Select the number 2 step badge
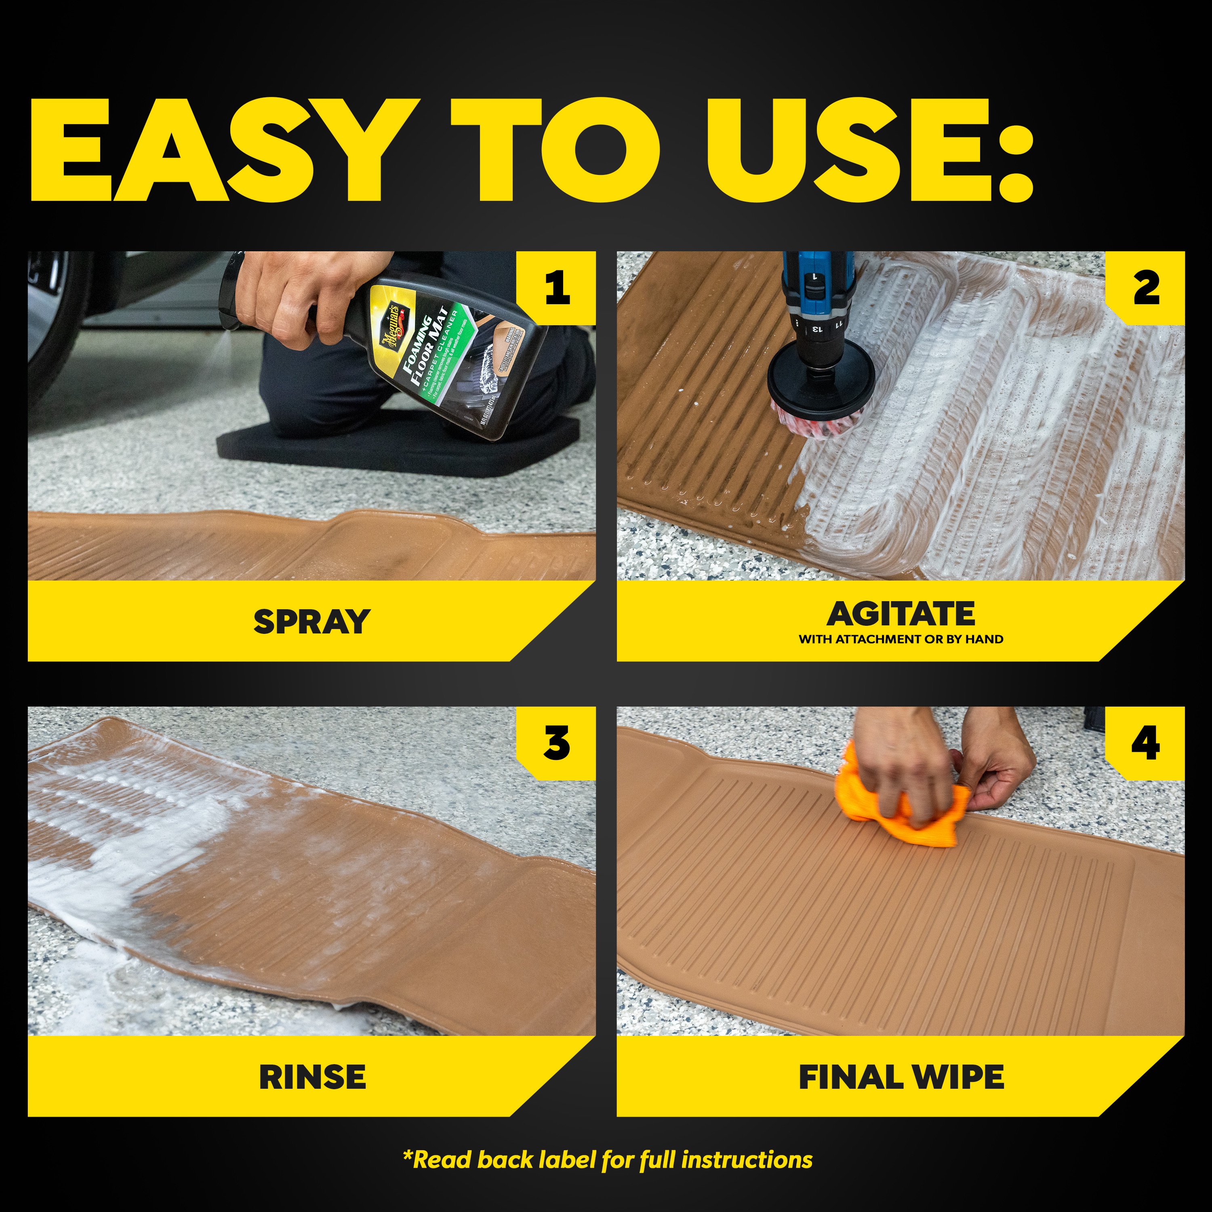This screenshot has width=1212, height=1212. (x=1145, y=288)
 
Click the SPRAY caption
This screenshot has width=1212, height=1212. (x=312, y=622)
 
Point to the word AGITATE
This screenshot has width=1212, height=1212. (x=901, y=614)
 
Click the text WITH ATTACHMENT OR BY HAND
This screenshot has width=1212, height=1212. (x=901, y=639)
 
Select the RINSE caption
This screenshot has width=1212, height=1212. (x=312, y=1077)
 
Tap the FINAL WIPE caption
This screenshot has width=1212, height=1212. (x=901, y=1077)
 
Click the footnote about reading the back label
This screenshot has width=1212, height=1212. (x=607, y=1160)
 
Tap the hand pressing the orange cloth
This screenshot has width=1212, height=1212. (x=903, y=772)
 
